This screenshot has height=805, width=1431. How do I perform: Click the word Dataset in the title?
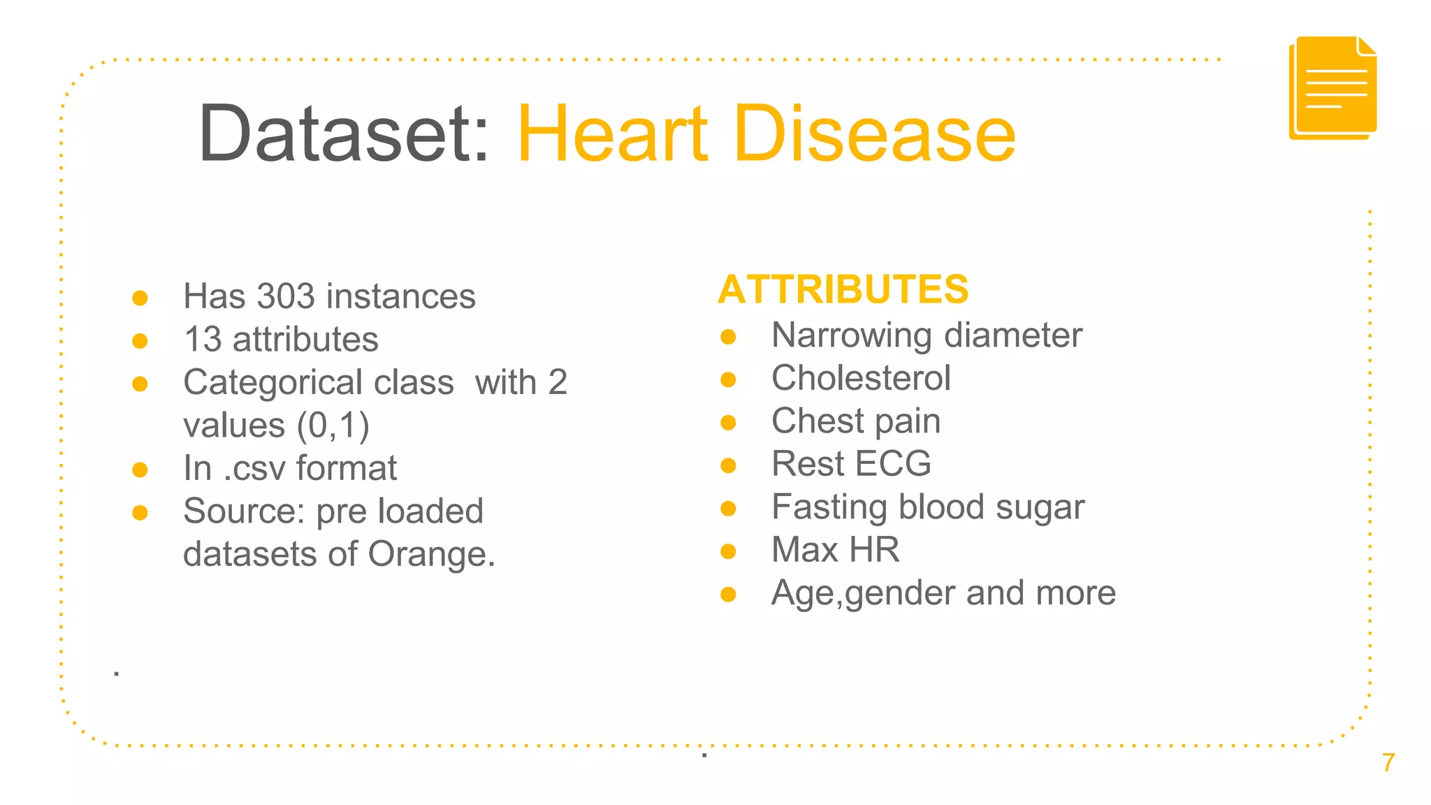coord(342,133)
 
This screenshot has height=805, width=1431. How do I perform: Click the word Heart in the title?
coord(612,133)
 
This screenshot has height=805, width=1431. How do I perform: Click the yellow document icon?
coord(1332,88)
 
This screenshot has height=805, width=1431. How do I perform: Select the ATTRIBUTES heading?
coord(843,289)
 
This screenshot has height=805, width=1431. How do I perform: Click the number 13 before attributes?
coord(203,340)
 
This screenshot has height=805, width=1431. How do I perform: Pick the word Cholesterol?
coord(861,378)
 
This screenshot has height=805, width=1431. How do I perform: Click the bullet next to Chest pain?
coord(728,422)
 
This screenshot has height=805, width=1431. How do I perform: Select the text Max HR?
coord(835,550)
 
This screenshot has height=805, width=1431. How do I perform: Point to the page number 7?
coord(1388,762)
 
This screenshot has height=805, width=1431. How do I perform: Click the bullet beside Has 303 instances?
coord(140,298)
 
